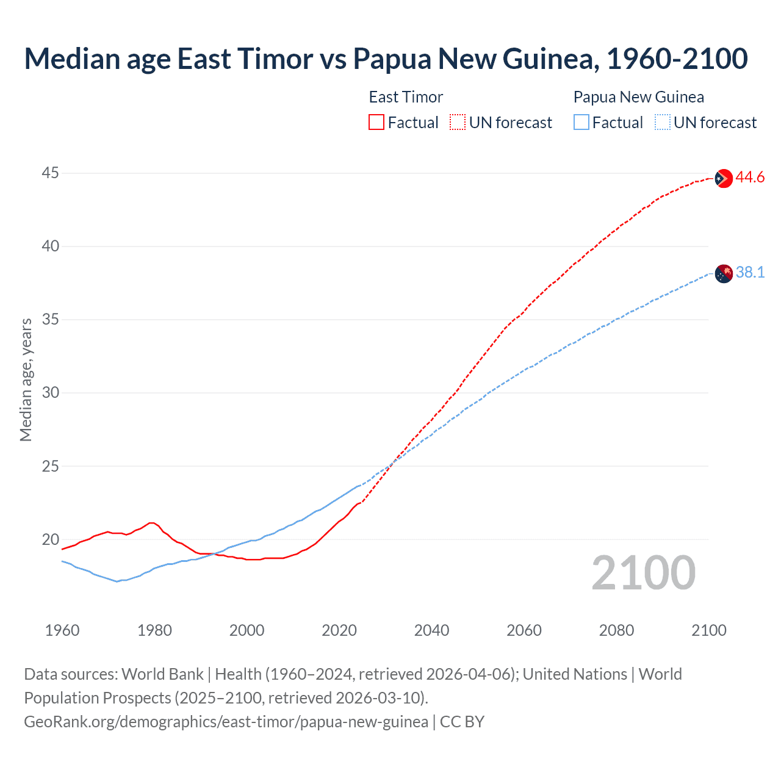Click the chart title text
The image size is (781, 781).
coord(386,59)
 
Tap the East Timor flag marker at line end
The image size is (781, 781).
coord(723,178)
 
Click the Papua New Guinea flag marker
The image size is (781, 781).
coord(723,273)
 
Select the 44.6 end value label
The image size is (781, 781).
coord(750,178)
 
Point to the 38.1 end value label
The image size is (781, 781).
coord(750,273)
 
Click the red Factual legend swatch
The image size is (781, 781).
coord(376,123)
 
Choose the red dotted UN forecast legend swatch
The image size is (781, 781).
coord(458,123)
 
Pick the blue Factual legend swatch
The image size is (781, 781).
coord(581,123)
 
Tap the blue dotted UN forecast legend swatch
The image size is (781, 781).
coord(662,123)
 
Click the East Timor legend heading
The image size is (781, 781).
coord(406,97)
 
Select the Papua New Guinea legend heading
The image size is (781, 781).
coord(638,97)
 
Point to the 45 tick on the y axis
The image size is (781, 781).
coord(50,173)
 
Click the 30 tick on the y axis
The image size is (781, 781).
coord(50,393)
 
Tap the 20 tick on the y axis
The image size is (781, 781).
coord(50,539)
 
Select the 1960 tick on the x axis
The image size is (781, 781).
coord(62,630)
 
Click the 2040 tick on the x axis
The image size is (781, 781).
coord(431,630)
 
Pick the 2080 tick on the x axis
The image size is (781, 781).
coord(616,630)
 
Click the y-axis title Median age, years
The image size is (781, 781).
coord(26,380)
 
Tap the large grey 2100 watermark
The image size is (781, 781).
coord(643,573)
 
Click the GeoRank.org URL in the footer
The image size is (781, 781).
coord(226,722)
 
